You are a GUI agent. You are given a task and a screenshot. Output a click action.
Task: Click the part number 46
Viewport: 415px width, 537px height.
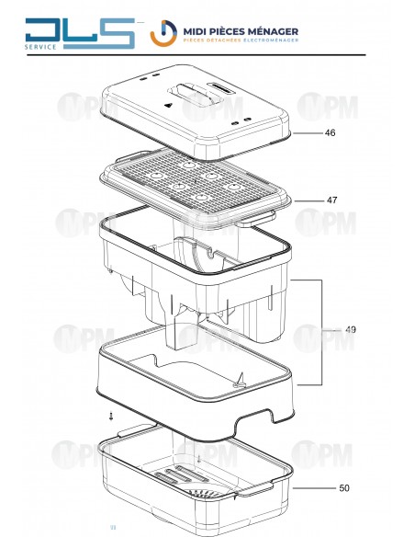[330, 132]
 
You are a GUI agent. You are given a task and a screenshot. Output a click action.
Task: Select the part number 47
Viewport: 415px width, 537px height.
[331, 200]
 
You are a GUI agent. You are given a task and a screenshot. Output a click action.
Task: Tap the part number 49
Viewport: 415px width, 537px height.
[351, 329]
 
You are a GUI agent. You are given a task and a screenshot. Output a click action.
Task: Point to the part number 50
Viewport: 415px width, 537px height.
[344, 487]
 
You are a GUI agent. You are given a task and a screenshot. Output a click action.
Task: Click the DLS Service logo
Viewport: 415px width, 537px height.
[80, 33]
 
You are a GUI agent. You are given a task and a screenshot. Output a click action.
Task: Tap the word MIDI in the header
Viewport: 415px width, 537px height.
[195, 32]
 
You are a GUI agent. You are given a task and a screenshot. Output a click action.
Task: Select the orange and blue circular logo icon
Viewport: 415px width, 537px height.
[163, 33]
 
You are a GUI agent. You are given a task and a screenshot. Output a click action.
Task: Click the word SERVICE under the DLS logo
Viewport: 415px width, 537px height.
[40, 47]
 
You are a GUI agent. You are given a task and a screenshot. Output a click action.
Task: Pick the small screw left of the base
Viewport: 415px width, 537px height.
[111, 416]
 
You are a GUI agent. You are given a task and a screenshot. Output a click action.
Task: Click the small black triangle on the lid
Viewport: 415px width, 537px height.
[168, 105]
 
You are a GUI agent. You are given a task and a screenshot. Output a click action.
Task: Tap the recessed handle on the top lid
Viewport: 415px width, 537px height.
[194, 93]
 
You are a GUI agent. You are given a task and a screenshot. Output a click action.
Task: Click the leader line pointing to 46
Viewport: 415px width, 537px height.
[308, 133]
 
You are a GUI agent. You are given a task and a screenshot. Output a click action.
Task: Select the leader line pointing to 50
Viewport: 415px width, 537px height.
[314, 488]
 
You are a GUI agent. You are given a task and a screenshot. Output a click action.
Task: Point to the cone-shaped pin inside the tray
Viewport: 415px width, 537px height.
[240, 381]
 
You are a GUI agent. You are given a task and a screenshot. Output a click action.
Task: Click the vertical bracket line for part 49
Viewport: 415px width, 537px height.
[321, 332]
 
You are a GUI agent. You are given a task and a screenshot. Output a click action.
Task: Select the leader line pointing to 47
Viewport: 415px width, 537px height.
[309, 200]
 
